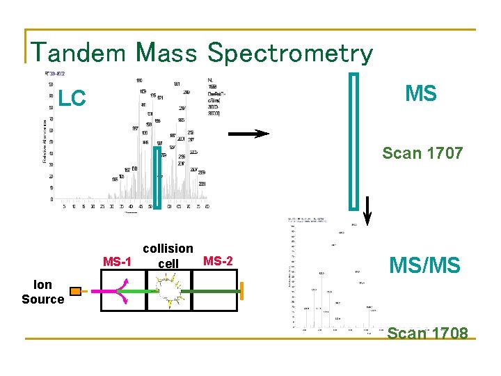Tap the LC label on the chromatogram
(x=72, y=100)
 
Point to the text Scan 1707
(x=423, y=153)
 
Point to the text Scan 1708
(x=427, y=333)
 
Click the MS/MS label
(x=425, y=265)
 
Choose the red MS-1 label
(x=117, y=262)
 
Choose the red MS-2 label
(x=218, y=261)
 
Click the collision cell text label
(x=168, y=256)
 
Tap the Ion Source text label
(x=42, y=292)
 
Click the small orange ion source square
(x=75, y=291)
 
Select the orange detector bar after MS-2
(x=243, y=291)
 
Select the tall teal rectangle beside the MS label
(x=355, y=140)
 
